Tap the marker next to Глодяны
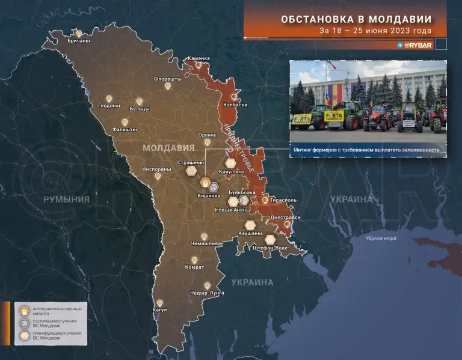click(109, 98)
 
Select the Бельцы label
click(140, 109)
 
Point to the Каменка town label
click(199, 58)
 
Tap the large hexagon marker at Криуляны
click(231, 163)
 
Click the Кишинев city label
click(209, 196)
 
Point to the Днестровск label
click(285, 217)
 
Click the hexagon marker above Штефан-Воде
click(271, 240)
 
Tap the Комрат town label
click(194, 267)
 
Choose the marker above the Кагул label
click(160, 303)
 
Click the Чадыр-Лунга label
click(206, 293)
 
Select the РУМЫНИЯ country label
click(66, 199)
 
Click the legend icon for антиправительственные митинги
click(25, 310)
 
